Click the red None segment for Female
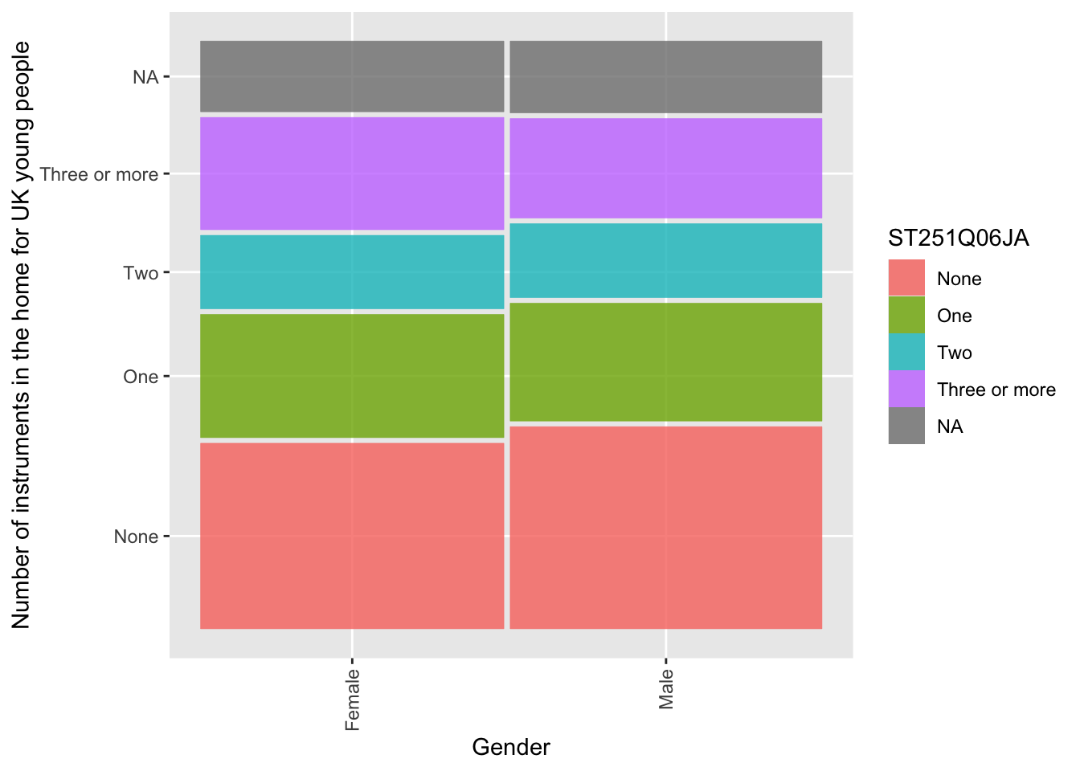(x=352, y=536)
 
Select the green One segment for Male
(x=665, y=361)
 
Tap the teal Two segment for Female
(x=352, y=271)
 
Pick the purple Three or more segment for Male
(x=665, y=168)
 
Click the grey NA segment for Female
(x=352, y=76)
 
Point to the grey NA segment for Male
(x=665, y=76)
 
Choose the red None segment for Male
(x=665, y=528)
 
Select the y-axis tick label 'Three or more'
(x=99, y=174)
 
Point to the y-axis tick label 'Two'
(x=141, y=273)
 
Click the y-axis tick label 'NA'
(x=145, y=77)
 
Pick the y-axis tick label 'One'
(x=141, y=377)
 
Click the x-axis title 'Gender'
(x=511, y=747)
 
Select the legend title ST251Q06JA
(x=958, y=239)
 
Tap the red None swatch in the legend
(x=906, y=278)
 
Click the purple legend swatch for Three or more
(x=906, y=389)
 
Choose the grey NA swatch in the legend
(x=906, y=426)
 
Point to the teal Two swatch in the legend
(x=906, y=352)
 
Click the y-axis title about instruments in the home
(x=22, y=335)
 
